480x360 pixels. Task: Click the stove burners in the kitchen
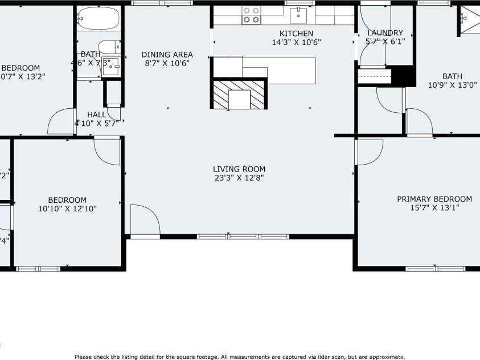(x=251, y=15)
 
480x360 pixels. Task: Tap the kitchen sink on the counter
(x=298, y=14)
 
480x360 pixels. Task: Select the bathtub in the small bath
(x=99, y=18)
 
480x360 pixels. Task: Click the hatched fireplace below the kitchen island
(x=239, y=94)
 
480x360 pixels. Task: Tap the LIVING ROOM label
(x=239, y=169)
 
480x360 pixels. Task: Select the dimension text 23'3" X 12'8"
(x=239, y=178)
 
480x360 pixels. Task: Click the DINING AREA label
(x=167, y=55)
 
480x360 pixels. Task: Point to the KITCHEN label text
(x=296, y=34)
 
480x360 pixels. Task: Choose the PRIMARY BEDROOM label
(x=434, y=199)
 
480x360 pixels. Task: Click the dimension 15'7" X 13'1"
(x=434, y=208)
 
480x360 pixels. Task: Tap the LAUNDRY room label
(x=385, y=33)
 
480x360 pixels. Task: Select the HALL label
(x=96, y=114)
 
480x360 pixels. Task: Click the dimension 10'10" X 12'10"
(x=67, y=208)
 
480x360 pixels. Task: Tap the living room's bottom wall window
(x=243, y=236)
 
